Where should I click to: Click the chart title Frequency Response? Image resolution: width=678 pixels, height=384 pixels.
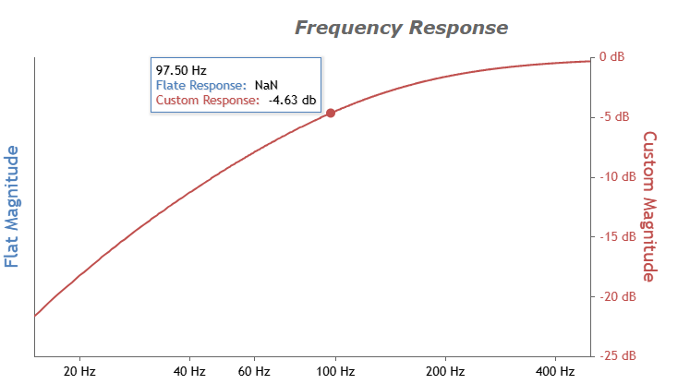pos(401,28)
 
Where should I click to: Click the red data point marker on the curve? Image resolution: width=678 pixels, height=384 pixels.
pos(331,113)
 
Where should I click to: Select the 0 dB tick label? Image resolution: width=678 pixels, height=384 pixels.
pos(611,57)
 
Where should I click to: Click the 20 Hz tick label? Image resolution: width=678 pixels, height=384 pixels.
pos(79,371)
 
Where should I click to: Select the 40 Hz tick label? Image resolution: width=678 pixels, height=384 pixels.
pos(189,371)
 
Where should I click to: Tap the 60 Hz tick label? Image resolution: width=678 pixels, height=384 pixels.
pos(254,371)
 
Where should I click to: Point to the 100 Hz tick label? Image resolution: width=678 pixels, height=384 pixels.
pos(336,371)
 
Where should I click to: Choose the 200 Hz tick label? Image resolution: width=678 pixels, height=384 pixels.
pos(446,371)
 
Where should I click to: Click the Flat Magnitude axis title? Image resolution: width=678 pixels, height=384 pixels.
pos(12,206)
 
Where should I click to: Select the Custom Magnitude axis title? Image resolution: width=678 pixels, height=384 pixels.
pos(648,206)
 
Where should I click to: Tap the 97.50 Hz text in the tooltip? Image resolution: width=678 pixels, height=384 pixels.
pos(181,69)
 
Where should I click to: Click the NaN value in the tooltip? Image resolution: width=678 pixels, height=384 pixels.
pos(266,85)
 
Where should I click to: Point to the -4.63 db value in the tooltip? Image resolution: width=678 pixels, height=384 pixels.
pos(292,101)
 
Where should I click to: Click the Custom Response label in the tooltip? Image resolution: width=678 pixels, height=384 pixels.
pos(207,101)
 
